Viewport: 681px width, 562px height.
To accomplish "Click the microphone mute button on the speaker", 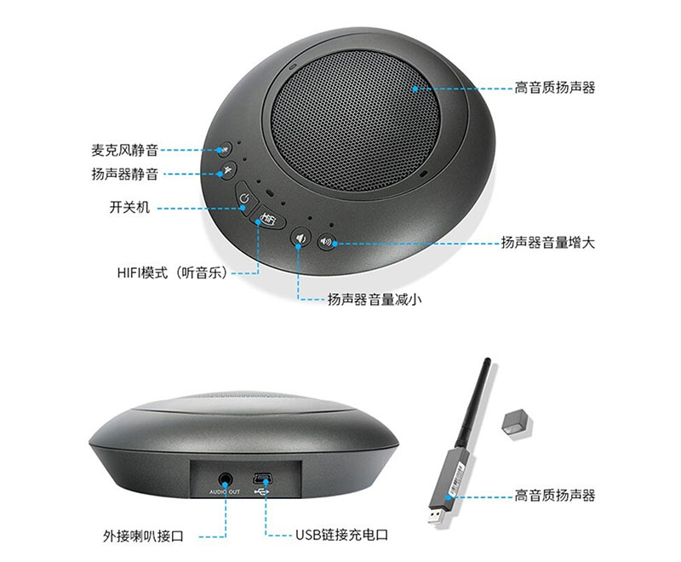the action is point(224,149).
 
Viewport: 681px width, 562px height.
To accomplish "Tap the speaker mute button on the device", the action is point(228,170).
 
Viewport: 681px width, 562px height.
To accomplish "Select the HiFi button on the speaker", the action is point(269,219).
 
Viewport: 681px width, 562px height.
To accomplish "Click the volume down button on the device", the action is point(300,238).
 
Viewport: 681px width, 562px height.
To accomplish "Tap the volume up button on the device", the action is point(326,242).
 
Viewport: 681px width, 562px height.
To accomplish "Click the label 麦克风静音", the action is point(124,150).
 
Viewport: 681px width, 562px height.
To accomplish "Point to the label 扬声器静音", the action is point(124,175).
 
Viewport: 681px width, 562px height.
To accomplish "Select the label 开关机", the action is point(129,207).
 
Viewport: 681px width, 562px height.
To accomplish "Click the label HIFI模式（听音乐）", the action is point(173,272).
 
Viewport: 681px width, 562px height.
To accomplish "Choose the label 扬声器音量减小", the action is point(375,299).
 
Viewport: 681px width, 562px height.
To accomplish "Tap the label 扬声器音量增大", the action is point(548,243).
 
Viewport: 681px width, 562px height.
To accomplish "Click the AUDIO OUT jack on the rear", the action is point(225,480).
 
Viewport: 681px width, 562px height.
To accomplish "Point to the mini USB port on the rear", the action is point(261,479).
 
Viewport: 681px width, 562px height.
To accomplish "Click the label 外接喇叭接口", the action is point(143,536).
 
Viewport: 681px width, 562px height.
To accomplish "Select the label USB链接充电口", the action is point(342,535).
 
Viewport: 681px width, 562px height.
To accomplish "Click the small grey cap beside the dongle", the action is point(518,423).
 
